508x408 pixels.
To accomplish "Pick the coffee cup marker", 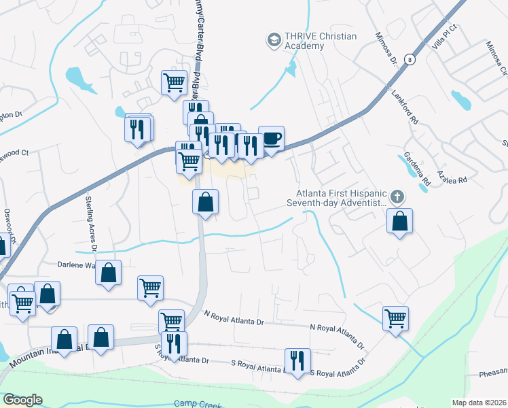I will click(x=271, y=139).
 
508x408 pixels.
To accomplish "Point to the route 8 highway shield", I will click(x=408, y=60).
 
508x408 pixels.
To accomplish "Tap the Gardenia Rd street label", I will click(x=418, y=169).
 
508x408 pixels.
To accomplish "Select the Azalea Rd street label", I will click(x=453, y=180).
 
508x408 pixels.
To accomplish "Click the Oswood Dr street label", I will click(x=9, y=226).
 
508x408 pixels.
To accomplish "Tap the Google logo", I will click(x=22, y=400).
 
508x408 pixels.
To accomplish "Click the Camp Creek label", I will click(x=194, y=403).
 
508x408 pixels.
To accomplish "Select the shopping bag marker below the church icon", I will click(x=400, y=221).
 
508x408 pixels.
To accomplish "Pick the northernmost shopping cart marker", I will click(x=175, y=82).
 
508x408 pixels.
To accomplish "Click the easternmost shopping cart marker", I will click(x=395, y=318).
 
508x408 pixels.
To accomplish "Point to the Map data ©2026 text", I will click(x=479, y=403).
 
